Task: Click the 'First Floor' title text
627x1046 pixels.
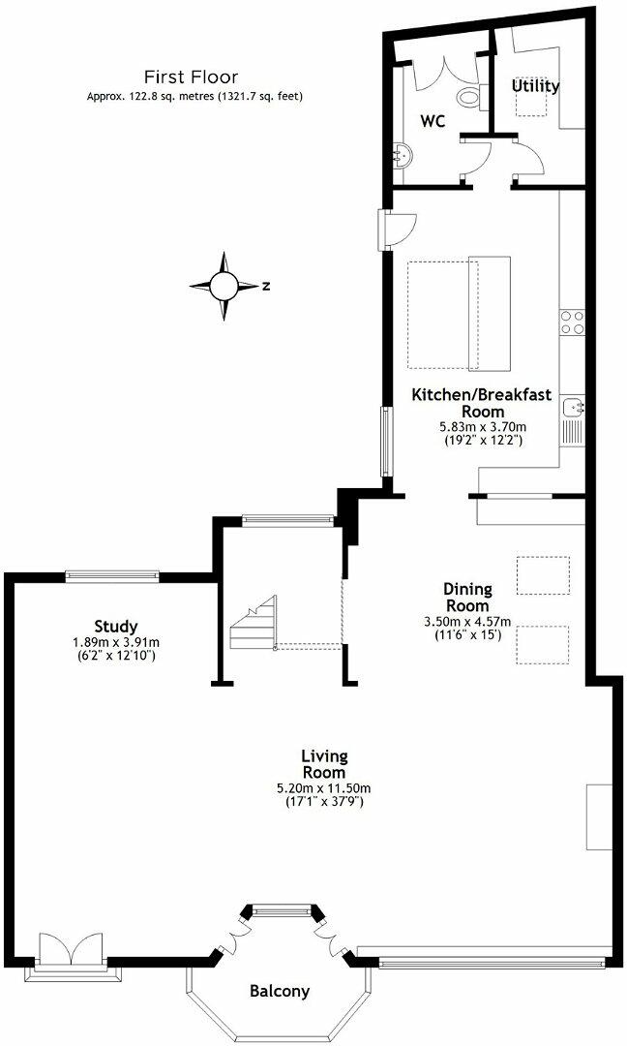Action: [191, 77]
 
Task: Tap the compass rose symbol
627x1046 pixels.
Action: [224, 286]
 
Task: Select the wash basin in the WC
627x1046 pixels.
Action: [403, 154]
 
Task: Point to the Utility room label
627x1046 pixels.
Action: [535, 86]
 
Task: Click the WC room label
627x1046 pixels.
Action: [432, 121]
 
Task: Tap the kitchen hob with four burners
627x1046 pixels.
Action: [572, 321]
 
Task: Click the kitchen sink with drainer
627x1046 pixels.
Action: [572, 416]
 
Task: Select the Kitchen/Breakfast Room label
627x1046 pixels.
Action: [481, 403]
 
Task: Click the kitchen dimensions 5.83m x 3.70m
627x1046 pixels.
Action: [481, 426]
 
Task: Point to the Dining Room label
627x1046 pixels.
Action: [467, 597]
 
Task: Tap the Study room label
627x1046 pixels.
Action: [116, 626]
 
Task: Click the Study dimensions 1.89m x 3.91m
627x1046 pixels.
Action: [116, 642]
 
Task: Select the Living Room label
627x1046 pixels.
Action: [323, 764]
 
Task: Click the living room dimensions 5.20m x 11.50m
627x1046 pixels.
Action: [323, 788]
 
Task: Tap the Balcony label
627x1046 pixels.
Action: [280, 991]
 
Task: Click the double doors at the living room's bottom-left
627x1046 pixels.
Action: [69, 949]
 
